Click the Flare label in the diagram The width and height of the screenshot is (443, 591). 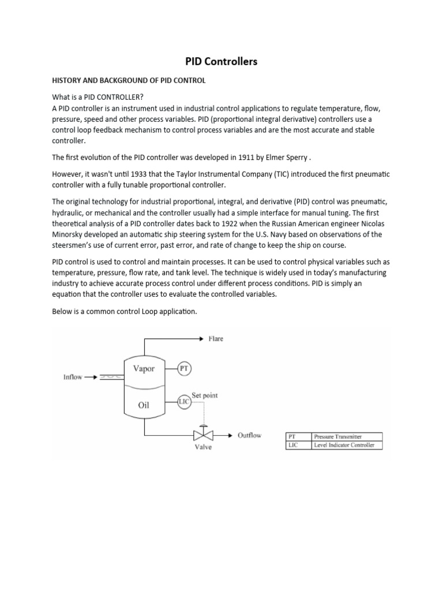[216, 339]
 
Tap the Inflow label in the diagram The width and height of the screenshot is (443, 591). [72, 377]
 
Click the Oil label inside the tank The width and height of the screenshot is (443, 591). [144, 405]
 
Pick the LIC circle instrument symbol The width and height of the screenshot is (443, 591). [185, 401]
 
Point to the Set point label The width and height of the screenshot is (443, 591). [205, 395]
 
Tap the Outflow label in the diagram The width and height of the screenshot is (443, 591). [249, 435]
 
